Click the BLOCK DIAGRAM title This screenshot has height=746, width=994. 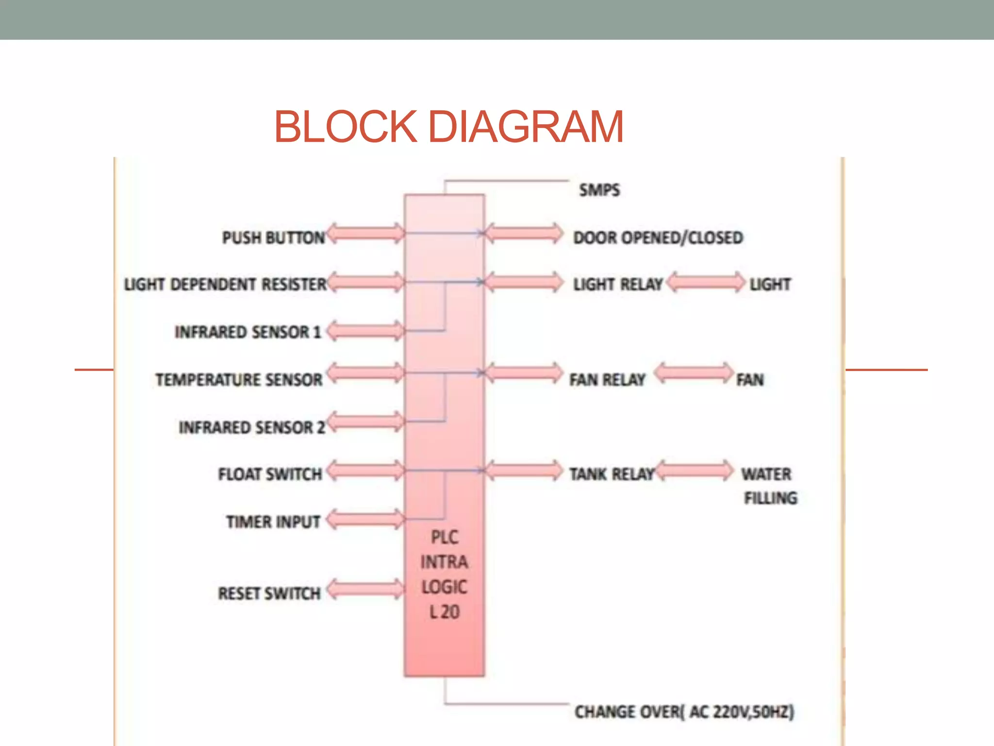[448, 127]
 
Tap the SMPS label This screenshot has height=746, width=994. [599, 190]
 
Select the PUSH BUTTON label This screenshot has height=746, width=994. [273, 237]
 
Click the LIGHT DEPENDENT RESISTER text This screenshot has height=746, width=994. [225, 284]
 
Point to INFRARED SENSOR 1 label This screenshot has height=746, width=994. [248, 332]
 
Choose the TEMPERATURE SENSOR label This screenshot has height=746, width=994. [239, 379]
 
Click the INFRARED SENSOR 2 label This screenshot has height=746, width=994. [251, 427]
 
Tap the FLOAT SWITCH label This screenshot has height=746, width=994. [270, 474]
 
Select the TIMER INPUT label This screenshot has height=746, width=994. [273, 522]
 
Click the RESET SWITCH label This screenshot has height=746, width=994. [269, 593]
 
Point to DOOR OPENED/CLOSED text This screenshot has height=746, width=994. [658, 237]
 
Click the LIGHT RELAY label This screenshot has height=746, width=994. [618, 284]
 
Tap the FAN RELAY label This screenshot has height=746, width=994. [607, 379]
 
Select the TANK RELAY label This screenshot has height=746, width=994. [612, 474]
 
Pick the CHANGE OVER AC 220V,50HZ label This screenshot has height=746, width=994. [684, 712]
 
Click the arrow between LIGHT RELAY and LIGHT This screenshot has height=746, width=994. [706, 282]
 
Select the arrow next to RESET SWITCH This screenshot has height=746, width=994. [365, 589]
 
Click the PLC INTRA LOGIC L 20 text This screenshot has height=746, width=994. [444, 575]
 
